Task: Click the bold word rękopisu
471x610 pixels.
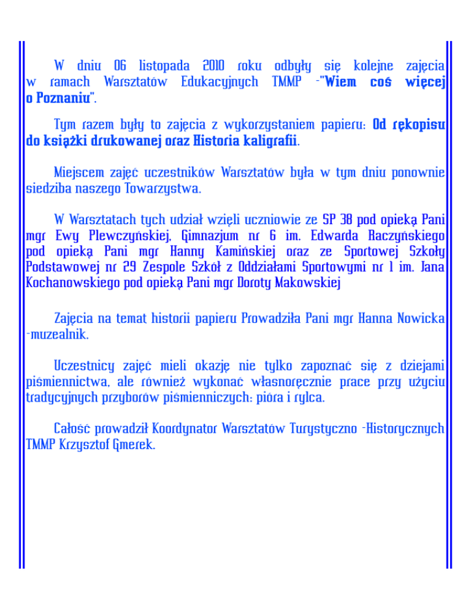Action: pyautogui.click(x=409, y=126)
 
